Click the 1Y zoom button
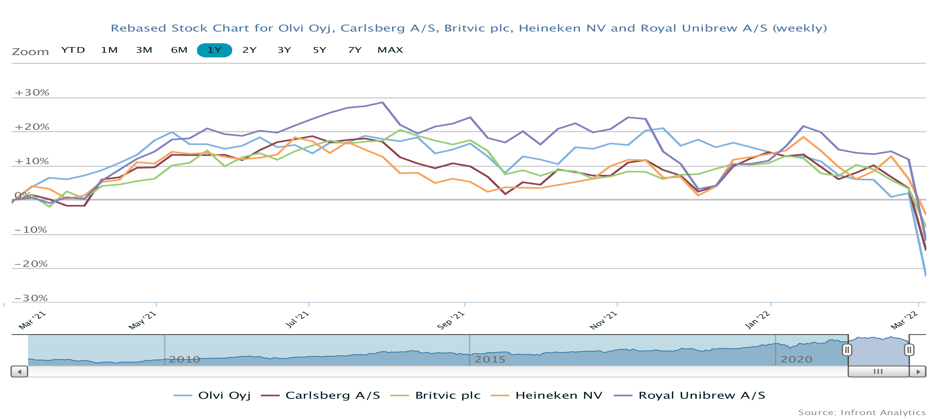pos(214,50)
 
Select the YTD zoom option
pos(73,50)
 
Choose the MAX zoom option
pos(390,50)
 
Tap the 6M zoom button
pos(179,50)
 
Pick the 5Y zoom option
pos(319,50)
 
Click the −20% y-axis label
pos(31,264)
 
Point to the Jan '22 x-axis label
pos(757,320)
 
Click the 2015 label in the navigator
pos(490,360)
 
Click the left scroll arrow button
pos(19,372)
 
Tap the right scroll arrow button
pos(918,372)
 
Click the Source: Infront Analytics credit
pos(862,412)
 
